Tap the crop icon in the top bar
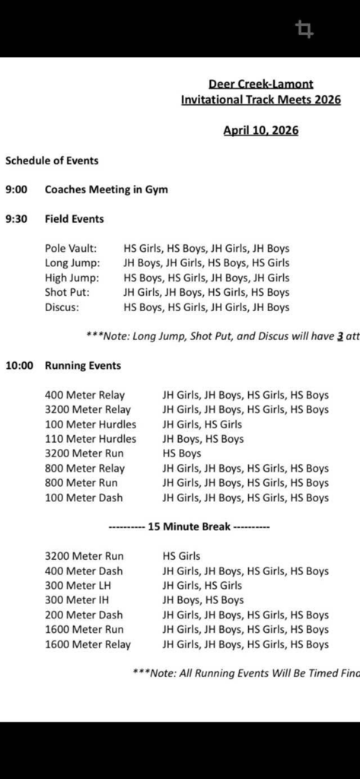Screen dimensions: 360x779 (305, 30)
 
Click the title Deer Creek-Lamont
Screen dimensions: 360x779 (260, 84)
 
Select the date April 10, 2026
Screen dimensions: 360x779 (260, 130)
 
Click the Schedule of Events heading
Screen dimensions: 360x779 (52, 161)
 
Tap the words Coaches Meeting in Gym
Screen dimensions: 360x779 (106, 189)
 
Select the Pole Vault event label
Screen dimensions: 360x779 (71, 249)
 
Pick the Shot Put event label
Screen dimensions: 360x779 (67, 293)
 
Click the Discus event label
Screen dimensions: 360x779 (62, 307)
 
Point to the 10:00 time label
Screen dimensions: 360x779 (19, 365)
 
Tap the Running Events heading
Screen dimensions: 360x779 (83, 365)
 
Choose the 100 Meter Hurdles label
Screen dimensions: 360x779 (91, 424)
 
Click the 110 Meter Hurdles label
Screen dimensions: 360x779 (91, 439)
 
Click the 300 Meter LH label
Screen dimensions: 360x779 (78, 586)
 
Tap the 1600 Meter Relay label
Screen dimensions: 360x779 (88, 644)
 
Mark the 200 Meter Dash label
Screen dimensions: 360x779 (84, 615)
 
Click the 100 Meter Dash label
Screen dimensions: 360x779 (84, 498)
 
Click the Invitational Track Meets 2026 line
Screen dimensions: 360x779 (260, 100)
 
